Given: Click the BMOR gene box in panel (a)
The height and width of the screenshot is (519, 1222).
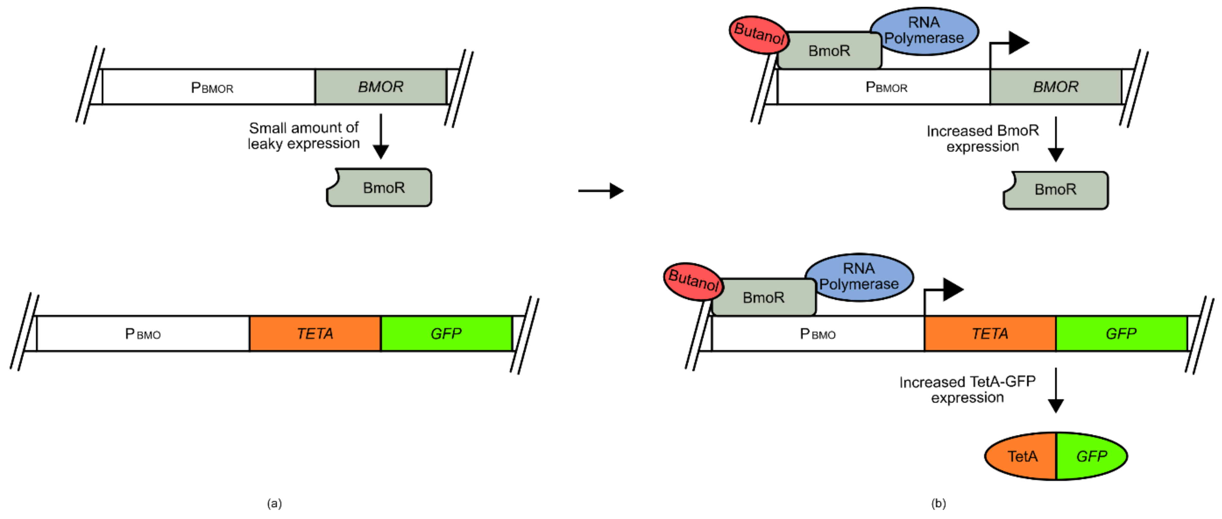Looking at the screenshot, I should pos(380,87).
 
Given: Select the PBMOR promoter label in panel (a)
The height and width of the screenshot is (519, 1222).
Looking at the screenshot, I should pos(212,88).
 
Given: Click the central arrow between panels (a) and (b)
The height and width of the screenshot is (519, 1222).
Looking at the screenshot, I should pos(600,191).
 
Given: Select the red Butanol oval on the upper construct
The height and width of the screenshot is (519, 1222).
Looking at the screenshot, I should pos(758,34).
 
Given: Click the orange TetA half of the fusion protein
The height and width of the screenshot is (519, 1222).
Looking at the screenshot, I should pos(1022,456).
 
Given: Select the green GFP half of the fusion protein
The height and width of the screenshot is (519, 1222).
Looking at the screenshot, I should pos(1091,456).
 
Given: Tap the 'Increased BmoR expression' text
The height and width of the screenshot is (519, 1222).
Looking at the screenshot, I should pos(982,138).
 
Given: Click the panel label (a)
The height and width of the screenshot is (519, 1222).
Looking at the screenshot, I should pos(274,503).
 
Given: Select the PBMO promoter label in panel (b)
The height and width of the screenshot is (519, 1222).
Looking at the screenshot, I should pos(817,334).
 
